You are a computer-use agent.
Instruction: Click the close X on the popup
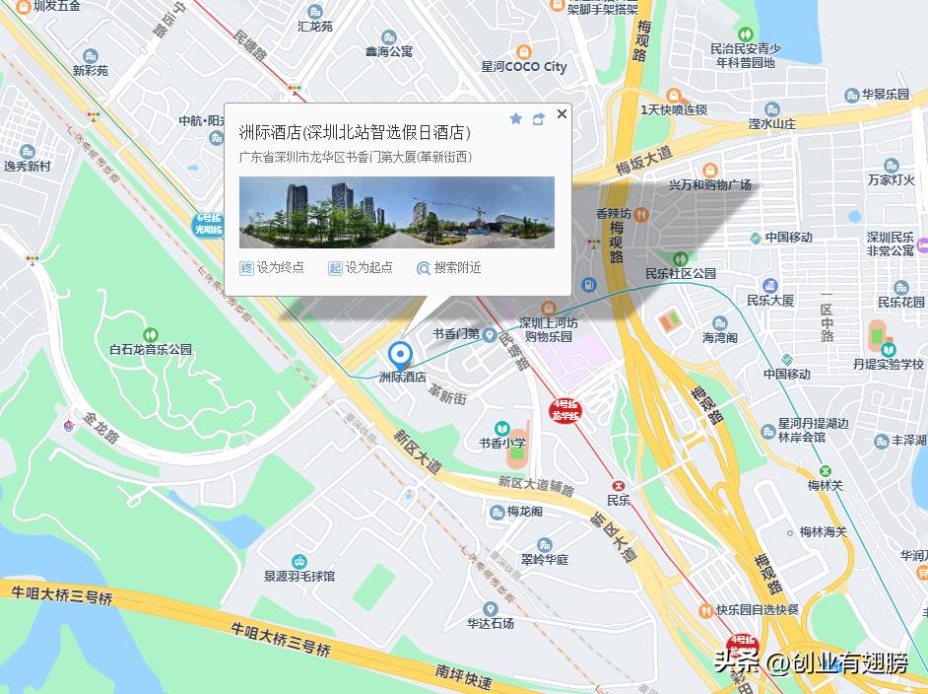[562, 114]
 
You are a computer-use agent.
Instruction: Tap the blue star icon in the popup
[515, 118]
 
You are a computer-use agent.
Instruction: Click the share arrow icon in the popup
[538, 118]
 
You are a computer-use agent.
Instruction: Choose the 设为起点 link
[361, 267]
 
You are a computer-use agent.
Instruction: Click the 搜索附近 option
[449, 267]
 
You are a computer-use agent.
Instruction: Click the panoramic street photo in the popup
[397, 212]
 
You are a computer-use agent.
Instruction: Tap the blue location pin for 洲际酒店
[400, 355]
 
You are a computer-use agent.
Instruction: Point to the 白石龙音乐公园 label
[151, 349]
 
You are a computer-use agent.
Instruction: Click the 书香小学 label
[502, 443]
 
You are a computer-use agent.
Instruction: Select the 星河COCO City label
[524, 67]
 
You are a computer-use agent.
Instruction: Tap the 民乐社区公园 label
[680, 273]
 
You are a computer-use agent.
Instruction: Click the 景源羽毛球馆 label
[299, 576]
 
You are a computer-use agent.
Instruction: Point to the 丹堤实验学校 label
[889, 364]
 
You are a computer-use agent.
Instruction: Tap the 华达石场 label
[491, 623]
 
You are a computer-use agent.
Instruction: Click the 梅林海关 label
[823, 531]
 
